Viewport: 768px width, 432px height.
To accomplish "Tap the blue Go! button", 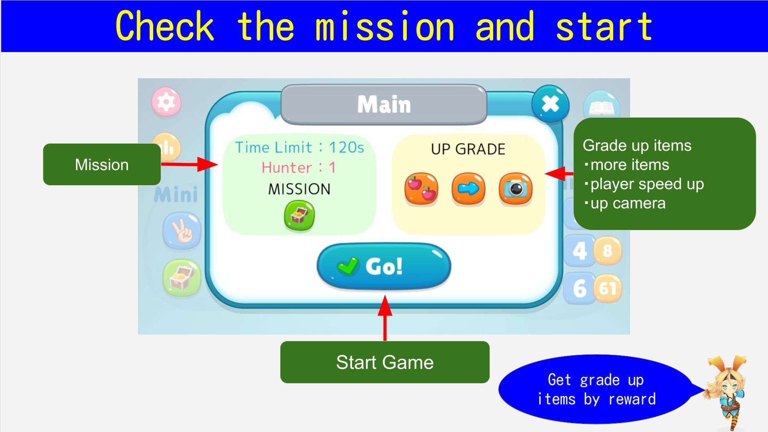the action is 384,266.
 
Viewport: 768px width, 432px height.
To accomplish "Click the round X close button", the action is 550,104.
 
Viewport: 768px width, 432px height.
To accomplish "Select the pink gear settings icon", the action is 166,102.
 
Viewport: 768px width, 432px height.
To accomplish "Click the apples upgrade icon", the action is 421,189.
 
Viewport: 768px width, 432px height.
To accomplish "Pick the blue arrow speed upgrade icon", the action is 468,189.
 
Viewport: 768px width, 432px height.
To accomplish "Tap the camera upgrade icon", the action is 516,189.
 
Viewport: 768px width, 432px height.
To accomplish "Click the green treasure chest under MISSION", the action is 299,216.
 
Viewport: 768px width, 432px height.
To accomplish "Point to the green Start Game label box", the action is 385,362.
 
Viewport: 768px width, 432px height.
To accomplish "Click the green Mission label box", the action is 102,164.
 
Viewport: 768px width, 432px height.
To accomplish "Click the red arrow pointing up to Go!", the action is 385,318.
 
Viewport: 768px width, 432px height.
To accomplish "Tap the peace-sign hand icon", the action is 182,231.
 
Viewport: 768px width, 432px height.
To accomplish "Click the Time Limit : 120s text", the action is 300,147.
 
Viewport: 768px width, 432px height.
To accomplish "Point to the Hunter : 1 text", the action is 299,167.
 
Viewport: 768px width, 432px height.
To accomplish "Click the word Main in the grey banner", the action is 384,104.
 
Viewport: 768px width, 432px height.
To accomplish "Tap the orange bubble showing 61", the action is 607,288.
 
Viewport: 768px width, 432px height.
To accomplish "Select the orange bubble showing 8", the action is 607,251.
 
